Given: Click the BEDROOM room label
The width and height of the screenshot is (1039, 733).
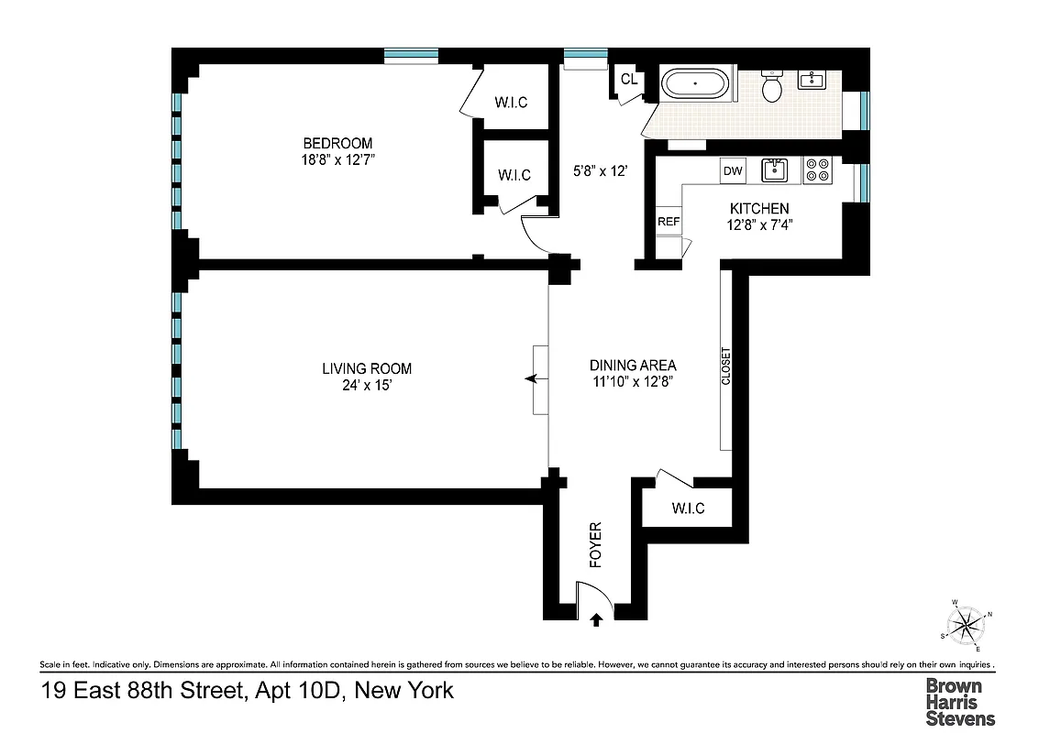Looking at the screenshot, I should (338, 143).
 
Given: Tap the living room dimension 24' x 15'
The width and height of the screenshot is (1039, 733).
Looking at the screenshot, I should (366, 386).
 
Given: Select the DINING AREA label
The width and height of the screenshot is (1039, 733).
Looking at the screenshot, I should (633, 365).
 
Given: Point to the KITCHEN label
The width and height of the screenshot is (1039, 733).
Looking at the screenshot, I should (758, 209).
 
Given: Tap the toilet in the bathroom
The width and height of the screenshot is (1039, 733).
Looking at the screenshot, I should (772, 87).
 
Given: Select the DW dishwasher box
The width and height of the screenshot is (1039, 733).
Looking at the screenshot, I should (732, 170).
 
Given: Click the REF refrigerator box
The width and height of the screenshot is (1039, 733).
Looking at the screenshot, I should (668, 222).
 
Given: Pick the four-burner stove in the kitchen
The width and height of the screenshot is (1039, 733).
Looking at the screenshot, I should (816, 170).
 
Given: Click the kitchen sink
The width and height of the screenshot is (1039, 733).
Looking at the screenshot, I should (776, 170).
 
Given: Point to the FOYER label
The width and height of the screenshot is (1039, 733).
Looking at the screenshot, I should (595, 545).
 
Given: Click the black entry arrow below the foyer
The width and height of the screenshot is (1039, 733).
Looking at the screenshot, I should (597, 620).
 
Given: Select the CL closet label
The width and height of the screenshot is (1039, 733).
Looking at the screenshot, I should (628, 80).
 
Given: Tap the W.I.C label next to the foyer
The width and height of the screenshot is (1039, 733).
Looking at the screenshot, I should (688, 509).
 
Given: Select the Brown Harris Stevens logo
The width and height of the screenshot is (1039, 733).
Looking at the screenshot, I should (960, 701).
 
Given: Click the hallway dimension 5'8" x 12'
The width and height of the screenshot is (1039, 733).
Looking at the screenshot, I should (600, 170).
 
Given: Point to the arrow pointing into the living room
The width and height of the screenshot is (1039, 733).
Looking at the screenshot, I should (530, 378).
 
